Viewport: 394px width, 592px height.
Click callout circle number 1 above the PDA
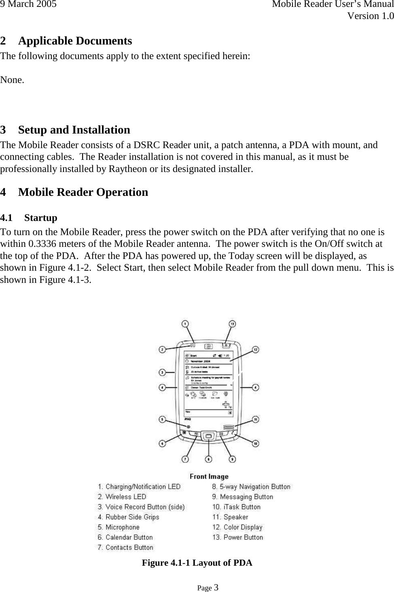point(184,324)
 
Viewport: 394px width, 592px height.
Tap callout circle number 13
point(232,324)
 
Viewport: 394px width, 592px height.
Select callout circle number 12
point(256,349)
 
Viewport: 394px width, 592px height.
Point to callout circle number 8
point(208,459)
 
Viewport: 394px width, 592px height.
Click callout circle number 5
point(162,420)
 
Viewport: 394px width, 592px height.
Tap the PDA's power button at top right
point(225,345)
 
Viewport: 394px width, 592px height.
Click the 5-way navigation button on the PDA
point(208,436)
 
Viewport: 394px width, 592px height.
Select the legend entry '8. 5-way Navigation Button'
point(251,487)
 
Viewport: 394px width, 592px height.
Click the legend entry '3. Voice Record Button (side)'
point(141,507)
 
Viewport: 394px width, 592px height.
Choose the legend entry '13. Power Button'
point(237,537)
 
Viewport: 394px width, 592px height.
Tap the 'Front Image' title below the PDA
point(209,477)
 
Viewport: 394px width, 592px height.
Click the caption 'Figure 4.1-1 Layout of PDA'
point(197,563)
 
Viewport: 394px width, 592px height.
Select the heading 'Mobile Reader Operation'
point(83,192)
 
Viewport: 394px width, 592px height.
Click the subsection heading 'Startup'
point(40,218)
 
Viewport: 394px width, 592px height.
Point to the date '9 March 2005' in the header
point(28,4)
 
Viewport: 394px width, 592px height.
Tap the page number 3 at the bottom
point(216,588)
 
